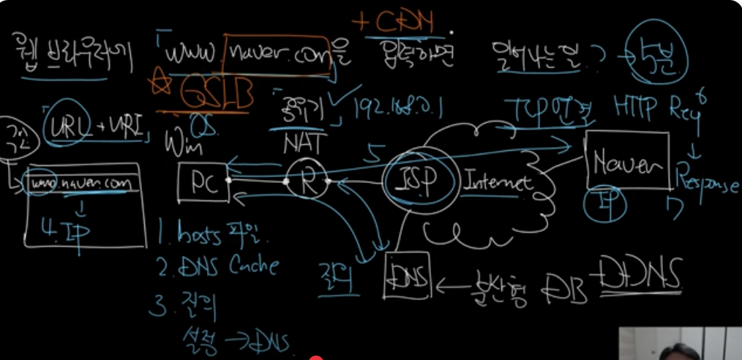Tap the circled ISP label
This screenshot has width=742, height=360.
click(x=416, y=180)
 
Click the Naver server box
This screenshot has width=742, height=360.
click(x=626, y=163)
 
